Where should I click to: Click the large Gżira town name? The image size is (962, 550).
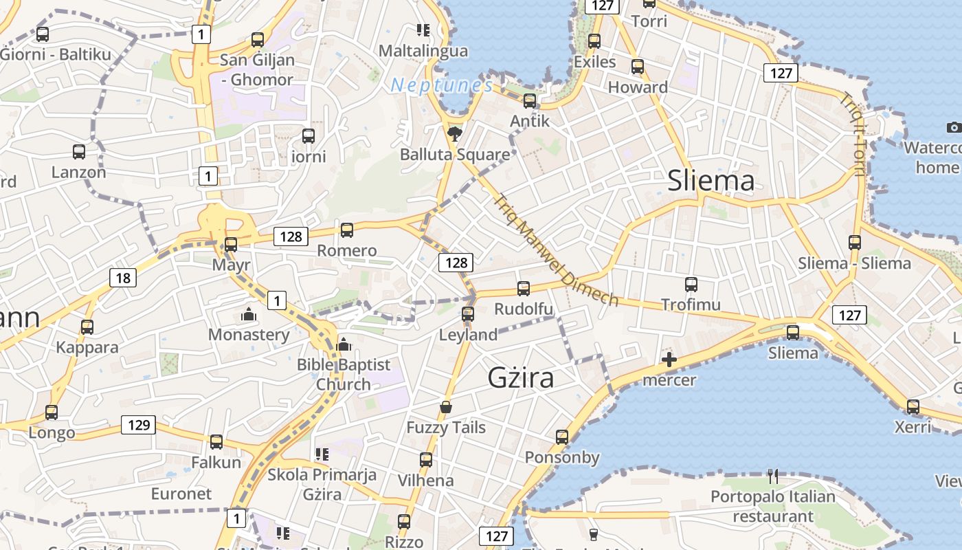[x=520, y=377]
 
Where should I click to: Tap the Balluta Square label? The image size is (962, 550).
[x=455, y=154]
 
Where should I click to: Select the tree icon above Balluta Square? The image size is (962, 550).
[x=454, y=134]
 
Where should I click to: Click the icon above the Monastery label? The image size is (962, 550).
[x=248, y=315]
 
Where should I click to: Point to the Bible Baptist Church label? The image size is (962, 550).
[x=344, y=374]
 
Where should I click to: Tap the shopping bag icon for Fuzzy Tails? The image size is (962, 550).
[x=446, y=408]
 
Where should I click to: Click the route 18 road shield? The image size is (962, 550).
[x=123, y=278]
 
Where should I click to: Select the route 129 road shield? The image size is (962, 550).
[x=139, y=425]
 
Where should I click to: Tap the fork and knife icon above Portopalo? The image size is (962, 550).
[x=773, y=476]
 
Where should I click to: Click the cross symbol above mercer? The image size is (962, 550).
[x=669, y=360]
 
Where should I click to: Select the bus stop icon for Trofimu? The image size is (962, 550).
[x=691, y=285]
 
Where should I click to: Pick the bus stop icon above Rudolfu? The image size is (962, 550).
[x=524, y=289]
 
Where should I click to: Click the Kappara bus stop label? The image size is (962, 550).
[x=87, y=347]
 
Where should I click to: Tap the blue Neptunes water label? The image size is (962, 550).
[x=442, y=85]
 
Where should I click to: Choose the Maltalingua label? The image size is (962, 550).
[x=423, y=51]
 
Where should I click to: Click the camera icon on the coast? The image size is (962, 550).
[x=954, y=127]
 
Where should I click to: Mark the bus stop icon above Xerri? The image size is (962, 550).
[x=913, y=407]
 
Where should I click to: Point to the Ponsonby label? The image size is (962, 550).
[x=562, y=457]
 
